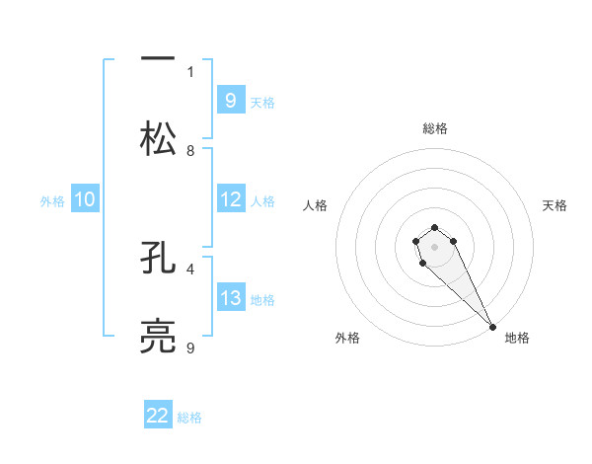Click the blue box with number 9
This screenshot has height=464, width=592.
[230, 100]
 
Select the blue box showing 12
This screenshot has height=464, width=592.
[230, 199]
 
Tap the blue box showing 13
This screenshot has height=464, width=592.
[230, 298]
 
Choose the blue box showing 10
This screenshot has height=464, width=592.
[85, 199]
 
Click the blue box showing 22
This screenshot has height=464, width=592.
[158, 416]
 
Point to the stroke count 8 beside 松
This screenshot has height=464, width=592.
[190, 150]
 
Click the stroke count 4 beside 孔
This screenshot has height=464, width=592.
[190, 268]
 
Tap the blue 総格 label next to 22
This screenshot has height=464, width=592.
[189, 418]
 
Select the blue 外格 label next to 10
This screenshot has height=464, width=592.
[52, 201]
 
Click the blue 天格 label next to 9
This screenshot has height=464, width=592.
[262, 102]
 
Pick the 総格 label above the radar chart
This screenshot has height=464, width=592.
[435, 128]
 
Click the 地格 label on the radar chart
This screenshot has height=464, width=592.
[517, 338]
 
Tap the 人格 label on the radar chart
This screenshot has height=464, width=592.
[316, 205]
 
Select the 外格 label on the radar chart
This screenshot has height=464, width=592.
[347, 338]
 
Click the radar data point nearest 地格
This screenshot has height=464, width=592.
[492, 327]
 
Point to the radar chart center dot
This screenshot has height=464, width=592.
[434, 247]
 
